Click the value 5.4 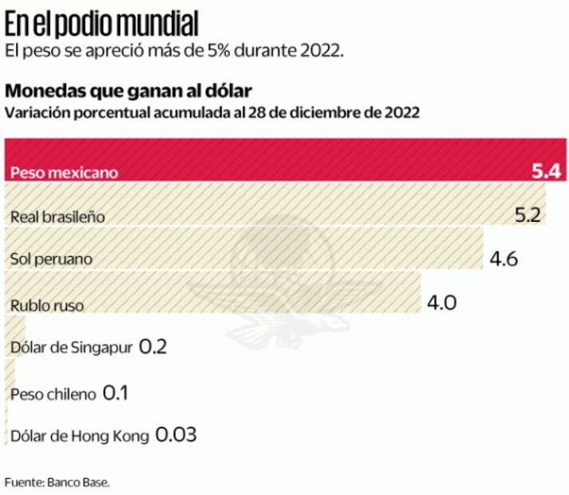tap(547, 171)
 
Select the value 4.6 tap(504, 259)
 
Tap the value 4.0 tap(444, 303)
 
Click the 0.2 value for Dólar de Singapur tap(153, 347)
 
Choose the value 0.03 tap(176, 436)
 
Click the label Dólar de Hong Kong tap(80, 438)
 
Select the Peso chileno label tap(53, 394)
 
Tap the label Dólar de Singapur tap(73, 349)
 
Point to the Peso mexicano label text tap(64, 172)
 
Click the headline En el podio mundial tap(102, 24)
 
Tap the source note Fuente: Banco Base tap(57, 482)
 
